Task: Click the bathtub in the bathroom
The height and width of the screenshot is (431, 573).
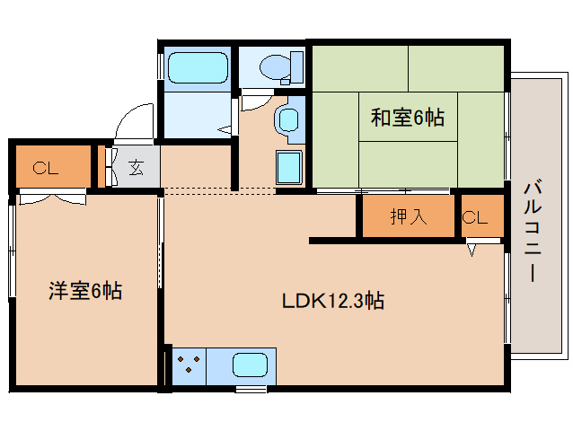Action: (x=197, y=68)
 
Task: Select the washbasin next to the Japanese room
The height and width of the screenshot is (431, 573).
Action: (x=288, y=121)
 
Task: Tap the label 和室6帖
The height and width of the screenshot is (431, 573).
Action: (x=408, y=118)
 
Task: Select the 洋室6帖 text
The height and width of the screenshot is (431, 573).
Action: (x=85, y=290)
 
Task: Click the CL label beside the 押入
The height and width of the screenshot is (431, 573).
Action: (x=474, y=216)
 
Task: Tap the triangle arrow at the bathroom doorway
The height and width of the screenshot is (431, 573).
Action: (x=224, y=129)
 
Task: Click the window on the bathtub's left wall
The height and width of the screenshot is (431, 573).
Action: (x=162, y=68)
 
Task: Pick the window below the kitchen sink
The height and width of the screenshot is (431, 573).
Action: (x=251, y=389)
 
